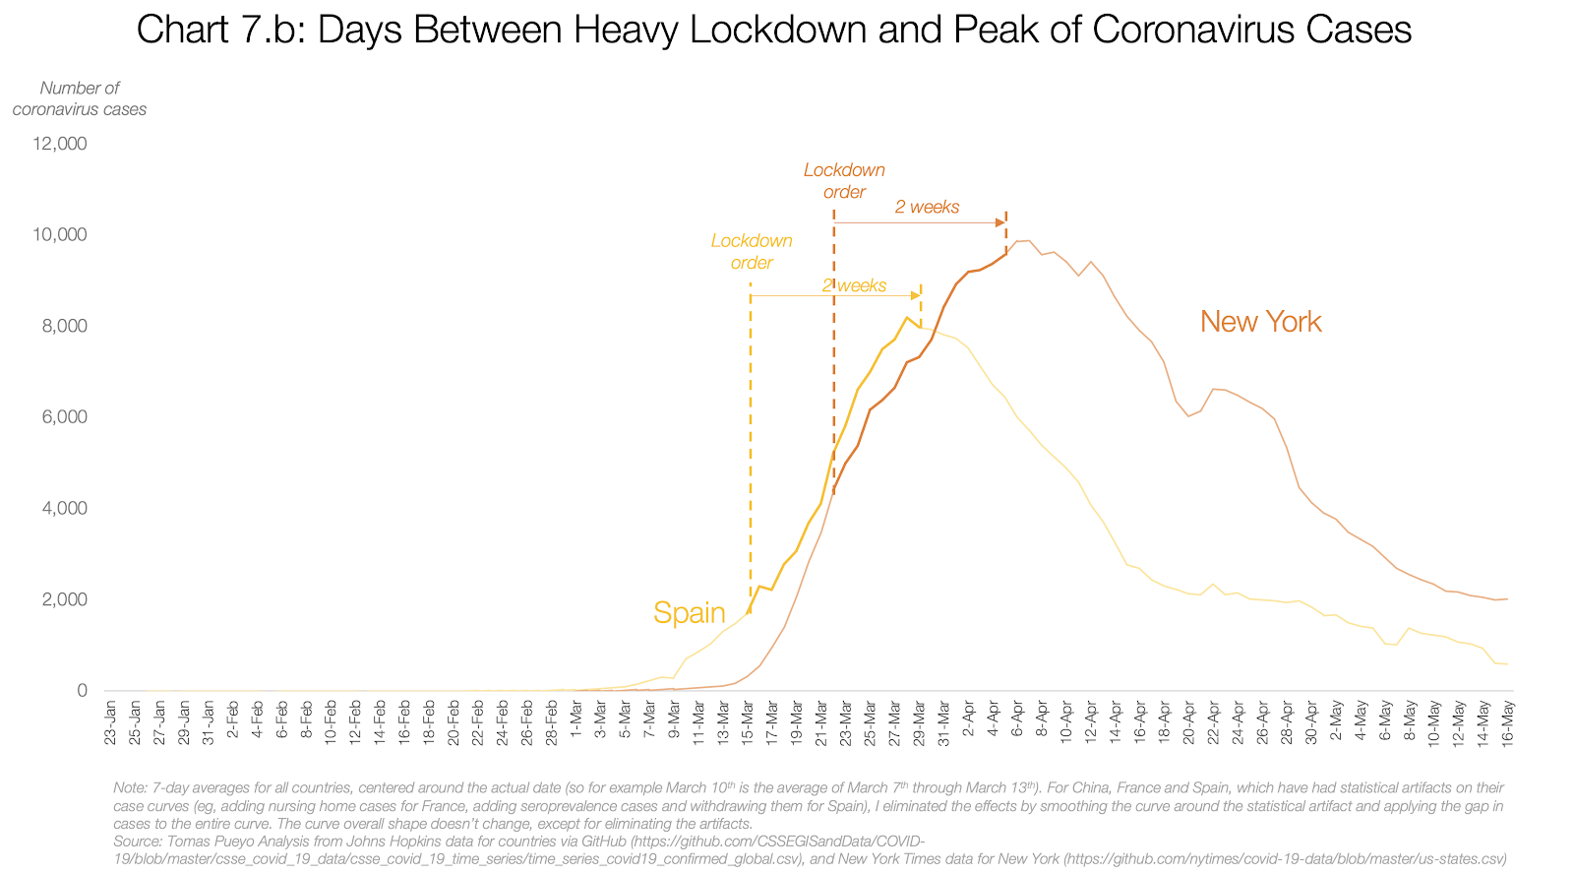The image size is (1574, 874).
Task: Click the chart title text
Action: pos(773,30)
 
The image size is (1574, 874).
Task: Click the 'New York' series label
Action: pos(1260,322)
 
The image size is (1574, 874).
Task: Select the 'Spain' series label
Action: pos(689,613)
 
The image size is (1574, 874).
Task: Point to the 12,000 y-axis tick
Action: pos(60,144)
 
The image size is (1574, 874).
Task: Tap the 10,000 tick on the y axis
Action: pos(60,235)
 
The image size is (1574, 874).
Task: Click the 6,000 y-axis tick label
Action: pos(64,417)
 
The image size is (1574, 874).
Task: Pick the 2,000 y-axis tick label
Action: pos(64,599)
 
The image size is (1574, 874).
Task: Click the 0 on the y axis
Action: pos(82,691)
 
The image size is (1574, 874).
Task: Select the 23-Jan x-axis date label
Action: pos(110,722)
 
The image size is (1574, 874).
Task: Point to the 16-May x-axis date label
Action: pos(1508,722)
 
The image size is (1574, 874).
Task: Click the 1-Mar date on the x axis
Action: pos(576,724)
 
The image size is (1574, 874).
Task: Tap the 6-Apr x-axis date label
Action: pos(1017,724)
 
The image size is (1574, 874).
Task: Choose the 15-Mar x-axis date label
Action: pos(748,722)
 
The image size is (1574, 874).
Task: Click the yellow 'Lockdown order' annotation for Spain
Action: pos(752,252)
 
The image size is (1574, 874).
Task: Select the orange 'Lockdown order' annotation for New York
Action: pos(844,181)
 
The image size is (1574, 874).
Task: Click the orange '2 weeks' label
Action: pos(927,207)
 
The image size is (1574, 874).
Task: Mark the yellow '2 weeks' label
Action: pos(854,285)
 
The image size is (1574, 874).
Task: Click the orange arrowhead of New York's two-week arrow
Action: pos(1000,223)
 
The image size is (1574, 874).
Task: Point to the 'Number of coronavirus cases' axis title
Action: pos(79,98)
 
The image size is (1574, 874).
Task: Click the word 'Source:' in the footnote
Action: pos(138,842)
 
